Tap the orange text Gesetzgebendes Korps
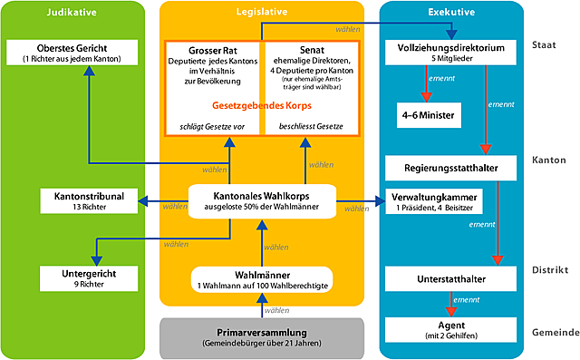[x=261, y=104]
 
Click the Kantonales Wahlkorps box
[x=261, y=199]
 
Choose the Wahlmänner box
[x=261, y=280]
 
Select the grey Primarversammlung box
[x=261, y=336]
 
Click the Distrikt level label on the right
[x=550, y=269]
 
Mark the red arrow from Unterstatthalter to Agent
[x=449, y=303]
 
